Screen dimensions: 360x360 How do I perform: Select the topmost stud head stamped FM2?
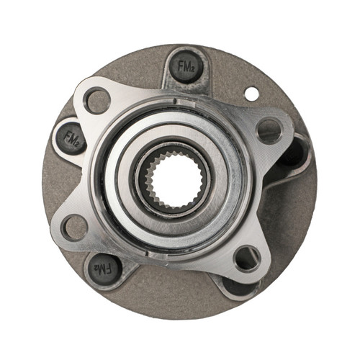click(x=186, y=67)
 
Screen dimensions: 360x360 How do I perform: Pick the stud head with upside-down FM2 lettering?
click(x=104, y=268)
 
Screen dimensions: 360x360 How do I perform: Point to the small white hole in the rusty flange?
click(x=251, y=94)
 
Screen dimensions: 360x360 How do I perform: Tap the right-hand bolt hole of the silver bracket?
click(x=269, y=130)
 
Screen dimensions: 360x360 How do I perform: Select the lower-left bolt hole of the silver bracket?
click(x=74, y=228)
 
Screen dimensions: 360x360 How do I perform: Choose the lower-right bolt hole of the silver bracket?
click(x=246, y=257)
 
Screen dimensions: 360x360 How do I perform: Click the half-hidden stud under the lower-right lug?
click(x=238, y=286)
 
